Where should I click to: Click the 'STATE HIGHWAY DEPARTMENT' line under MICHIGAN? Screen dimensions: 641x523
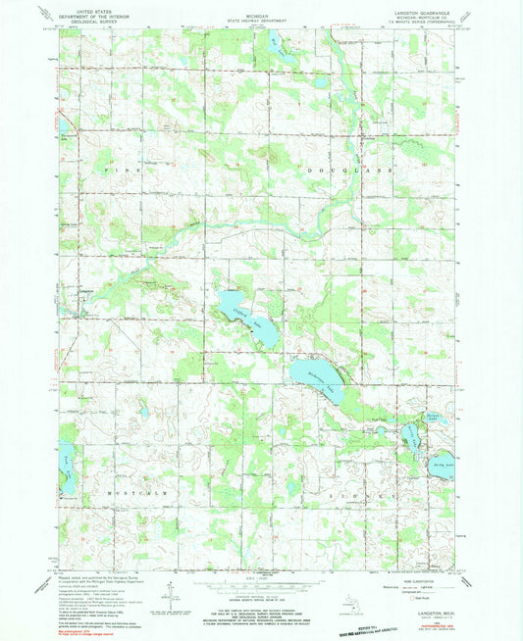pyautogui.click(x=261, y=19)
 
